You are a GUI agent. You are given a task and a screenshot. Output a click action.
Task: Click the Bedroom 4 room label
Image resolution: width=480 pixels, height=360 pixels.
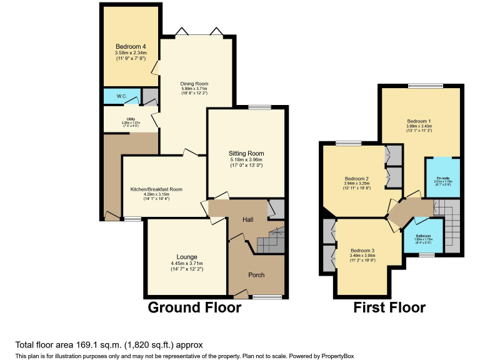click(128, 47)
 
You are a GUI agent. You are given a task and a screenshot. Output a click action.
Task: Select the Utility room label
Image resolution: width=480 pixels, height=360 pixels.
click(131, 118)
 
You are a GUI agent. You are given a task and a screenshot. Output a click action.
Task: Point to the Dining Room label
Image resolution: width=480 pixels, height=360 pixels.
click(194, 83)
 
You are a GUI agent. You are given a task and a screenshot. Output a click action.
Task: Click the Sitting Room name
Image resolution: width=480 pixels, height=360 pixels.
click(247, 153)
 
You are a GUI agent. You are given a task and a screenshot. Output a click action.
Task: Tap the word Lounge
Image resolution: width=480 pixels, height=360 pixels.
click(186, 257)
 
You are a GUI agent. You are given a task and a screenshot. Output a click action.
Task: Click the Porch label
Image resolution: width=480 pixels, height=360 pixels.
click(257, 274)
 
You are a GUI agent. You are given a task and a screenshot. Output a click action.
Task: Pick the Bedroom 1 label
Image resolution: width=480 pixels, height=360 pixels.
click(419, 121)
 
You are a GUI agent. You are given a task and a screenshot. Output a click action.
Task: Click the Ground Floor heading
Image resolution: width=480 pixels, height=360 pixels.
click(194, 307)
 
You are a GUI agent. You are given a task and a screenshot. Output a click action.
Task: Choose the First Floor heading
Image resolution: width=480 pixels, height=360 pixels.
click(389, 307)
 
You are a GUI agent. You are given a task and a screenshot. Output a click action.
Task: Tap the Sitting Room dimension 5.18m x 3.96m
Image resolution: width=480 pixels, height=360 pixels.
click(247, 161)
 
